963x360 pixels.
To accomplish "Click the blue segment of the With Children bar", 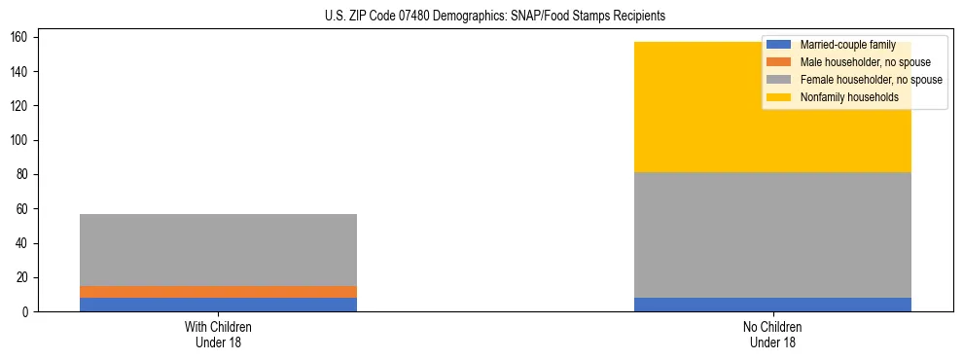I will [x=218, y=305].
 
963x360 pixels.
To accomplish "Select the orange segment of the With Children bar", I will [x=218, y=292].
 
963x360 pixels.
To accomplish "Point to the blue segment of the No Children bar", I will [x=772, y=305].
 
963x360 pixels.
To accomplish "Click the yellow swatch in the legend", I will [x=780, y=97].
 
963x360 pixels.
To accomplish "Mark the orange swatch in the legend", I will [x=780, y=62].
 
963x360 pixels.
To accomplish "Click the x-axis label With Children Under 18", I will [x=218, y=334].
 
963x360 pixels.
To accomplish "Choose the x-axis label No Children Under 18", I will [x=772, y=334].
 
